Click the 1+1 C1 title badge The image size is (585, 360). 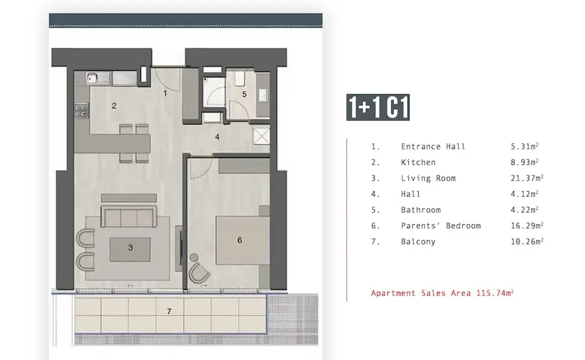tap(378, 107)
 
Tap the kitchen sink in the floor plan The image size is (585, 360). tap(92, 79)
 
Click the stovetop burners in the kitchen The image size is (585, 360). tap(81, 110)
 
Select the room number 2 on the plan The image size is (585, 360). tap(114, 106)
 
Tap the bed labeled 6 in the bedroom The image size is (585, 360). tap(242, 240)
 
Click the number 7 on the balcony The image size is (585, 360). tap(170, 311)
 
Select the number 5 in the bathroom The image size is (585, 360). tap(244, 94)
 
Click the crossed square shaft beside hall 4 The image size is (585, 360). tap(261, 136)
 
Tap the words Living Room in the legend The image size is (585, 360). tap(428, 178)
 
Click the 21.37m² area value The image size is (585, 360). tap(526, 178)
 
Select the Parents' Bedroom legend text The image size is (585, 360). tap(441, 225)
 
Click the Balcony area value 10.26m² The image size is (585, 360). tap(526, 241)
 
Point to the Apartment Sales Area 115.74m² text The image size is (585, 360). tap(442, 293)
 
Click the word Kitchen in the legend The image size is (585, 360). tap(418, 162)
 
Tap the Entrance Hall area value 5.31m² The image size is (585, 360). tap(525, 146)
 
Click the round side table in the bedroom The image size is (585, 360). tap(194, 257)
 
